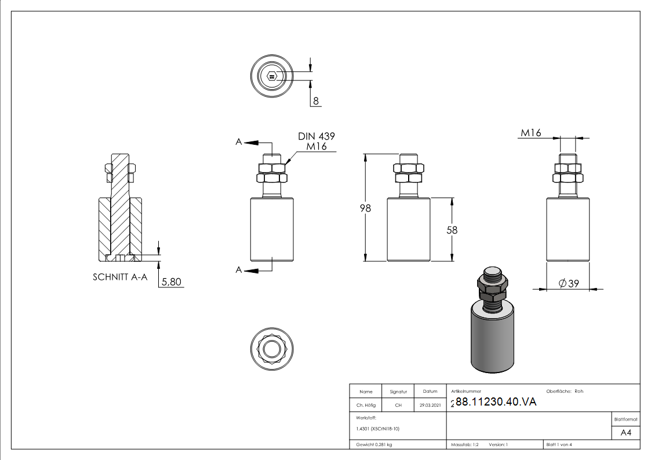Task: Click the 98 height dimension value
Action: (365, 209)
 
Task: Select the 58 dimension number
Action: (452, 230)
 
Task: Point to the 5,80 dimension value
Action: (172, 282)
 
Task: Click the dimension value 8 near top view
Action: (316, 101)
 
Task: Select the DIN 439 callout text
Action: (317, 136)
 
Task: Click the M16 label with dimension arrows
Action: (530, 133)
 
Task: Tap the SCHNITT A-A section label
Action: (120, 277)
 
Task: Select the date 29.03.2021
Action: (430, 406)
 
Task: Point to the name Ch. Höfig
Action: (366, 406)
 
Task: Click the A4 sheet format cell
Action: (626, 433)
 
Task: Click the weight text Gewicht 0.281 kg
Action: (374, 444)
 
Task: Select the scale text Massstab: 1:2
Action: (465, 444)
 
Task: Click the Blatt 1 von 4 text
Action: (559, 444)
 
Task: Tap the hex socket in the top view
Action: (272, 75)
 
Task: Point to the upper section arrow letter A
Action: (238, 142)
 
